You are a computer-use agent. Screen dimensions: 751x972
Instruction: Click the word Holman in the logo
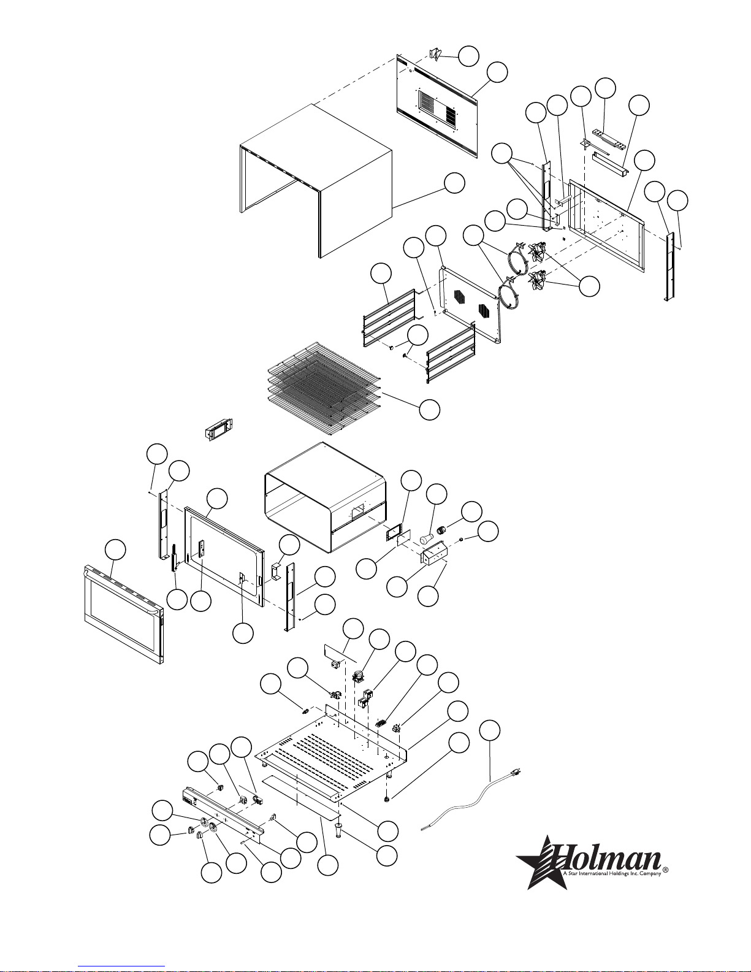click(608, 857)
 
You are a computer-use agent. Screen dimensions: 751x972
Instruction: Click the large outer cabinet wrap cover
click(316, 181)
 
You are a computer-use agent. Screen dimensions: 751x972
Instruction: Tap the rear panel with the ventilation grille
click(436, 106)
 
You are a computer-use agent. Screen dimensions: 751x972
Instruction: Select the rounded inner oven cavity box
click(325, 497)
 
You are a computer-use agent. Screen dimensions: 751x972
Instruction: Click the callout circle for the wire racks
click(430, 409)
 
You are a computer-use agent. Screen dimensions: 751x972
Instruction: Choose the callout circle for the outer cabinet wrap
click(454, 183)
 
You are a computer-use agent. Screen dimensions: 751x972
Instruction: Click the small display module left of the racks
click(219, 429)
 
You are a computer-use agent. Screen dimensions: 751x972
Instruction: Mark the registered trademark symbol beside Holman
click(666, 870)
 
